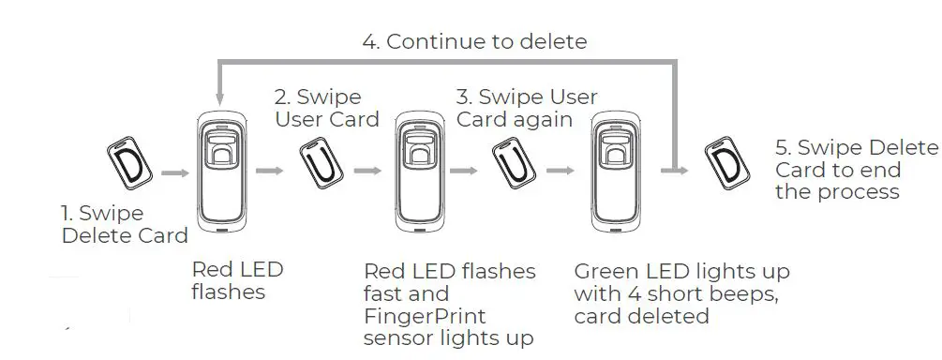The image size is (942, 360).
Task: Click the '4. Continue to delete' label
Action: click(474, 41)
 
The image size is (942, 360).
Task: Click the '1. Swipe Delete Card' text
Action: click(124, 224)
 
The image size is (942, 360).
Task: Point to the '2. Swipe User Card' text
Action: click(326, 108)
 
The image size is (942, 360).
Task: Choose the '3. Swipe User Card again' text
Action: click(526, 108)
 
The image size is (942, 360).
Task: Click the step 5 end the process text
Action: click(855, 170)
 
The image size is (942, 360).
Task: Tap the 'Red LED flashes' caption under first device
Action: click(236, 280)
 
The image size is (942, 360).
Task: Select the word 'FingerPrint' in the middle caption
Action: click(425, 316)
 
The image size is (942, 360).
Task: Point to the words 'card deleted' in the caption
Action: click(641, 316)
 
